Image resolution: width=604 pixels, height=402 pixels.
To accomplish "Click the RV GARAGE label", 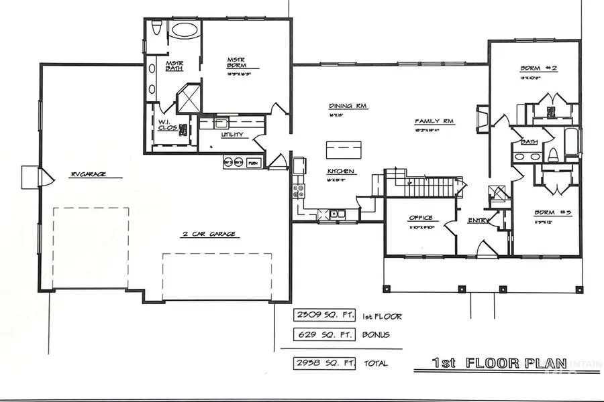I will (89, 175).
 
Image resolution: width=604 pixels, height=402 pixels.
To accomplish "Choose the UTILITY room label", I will (230, 135).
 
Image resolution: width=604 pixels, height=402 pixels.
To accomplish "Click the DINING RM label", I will (348, 106).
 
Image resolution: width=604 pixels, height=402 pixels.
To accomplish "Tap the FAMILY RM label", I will (434, 121).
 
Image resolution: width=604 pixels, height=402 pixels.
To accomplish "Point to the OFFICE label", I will (421, 218).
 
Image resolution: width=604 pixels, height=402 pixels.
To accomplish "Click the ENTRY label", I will (479, 219).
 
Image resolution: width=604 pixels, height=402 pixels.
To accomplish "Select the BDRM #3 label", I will (552, 214).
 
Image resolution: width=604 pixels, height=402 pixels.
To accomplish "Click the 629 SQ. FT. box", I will (318, 334).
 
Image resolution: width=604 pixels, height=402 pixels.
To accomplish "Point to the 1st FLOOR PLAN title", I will (493, 364).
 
